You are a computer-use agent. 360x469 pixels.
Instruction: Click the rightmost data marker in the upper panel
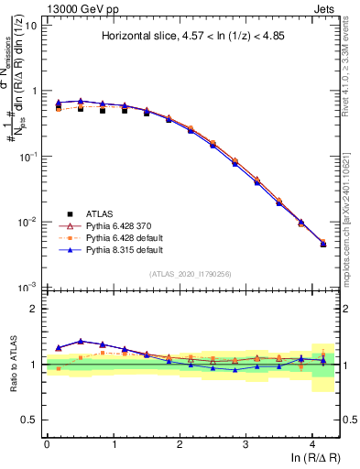[322, 244]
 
